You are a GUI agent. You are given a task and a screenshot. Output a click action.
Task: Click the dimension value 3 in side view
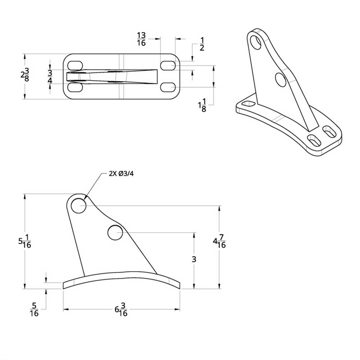tap(194, 259)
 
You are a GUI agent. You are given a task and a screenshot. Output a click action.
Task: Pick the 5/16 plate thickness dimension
tap(34, 309)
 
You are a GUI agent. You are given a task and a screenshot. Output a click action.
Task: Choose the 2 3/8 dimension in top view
tap(24, 76)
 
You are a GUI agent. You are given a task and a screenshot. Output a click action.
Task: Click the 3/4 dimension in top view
tap(50, 77)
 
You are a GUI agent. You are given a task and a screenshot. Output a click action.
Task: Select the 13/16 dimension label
tap(141, 39)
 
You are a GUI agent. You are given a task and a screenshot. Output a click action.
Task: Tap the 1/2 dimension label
tap(202, 44)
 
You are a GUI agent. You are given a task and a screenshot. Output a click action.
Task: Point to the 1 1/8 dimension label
tap(202, 105)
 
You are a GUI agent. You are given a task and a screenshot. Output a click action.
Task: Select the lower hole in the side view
tap(115, 233)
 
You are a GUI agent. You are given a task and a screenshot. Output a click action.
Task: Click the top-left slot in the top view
tap(75, 66)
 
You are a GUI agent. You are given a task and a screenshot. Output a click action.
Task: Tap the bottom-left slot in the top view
tap(75, 87)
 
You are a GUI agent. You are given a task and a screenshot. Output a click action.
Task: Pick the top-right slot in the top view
tap(168, 66)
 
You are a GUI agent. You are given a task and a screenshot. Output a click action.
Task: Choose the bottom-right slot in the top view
tap(168, 87)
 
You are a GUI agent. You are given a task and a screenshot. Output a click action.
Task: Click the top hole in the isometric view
tap(256, 41)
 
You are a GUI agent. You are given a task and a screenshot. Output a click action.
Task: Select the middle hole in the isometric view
tap(280, 80)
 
